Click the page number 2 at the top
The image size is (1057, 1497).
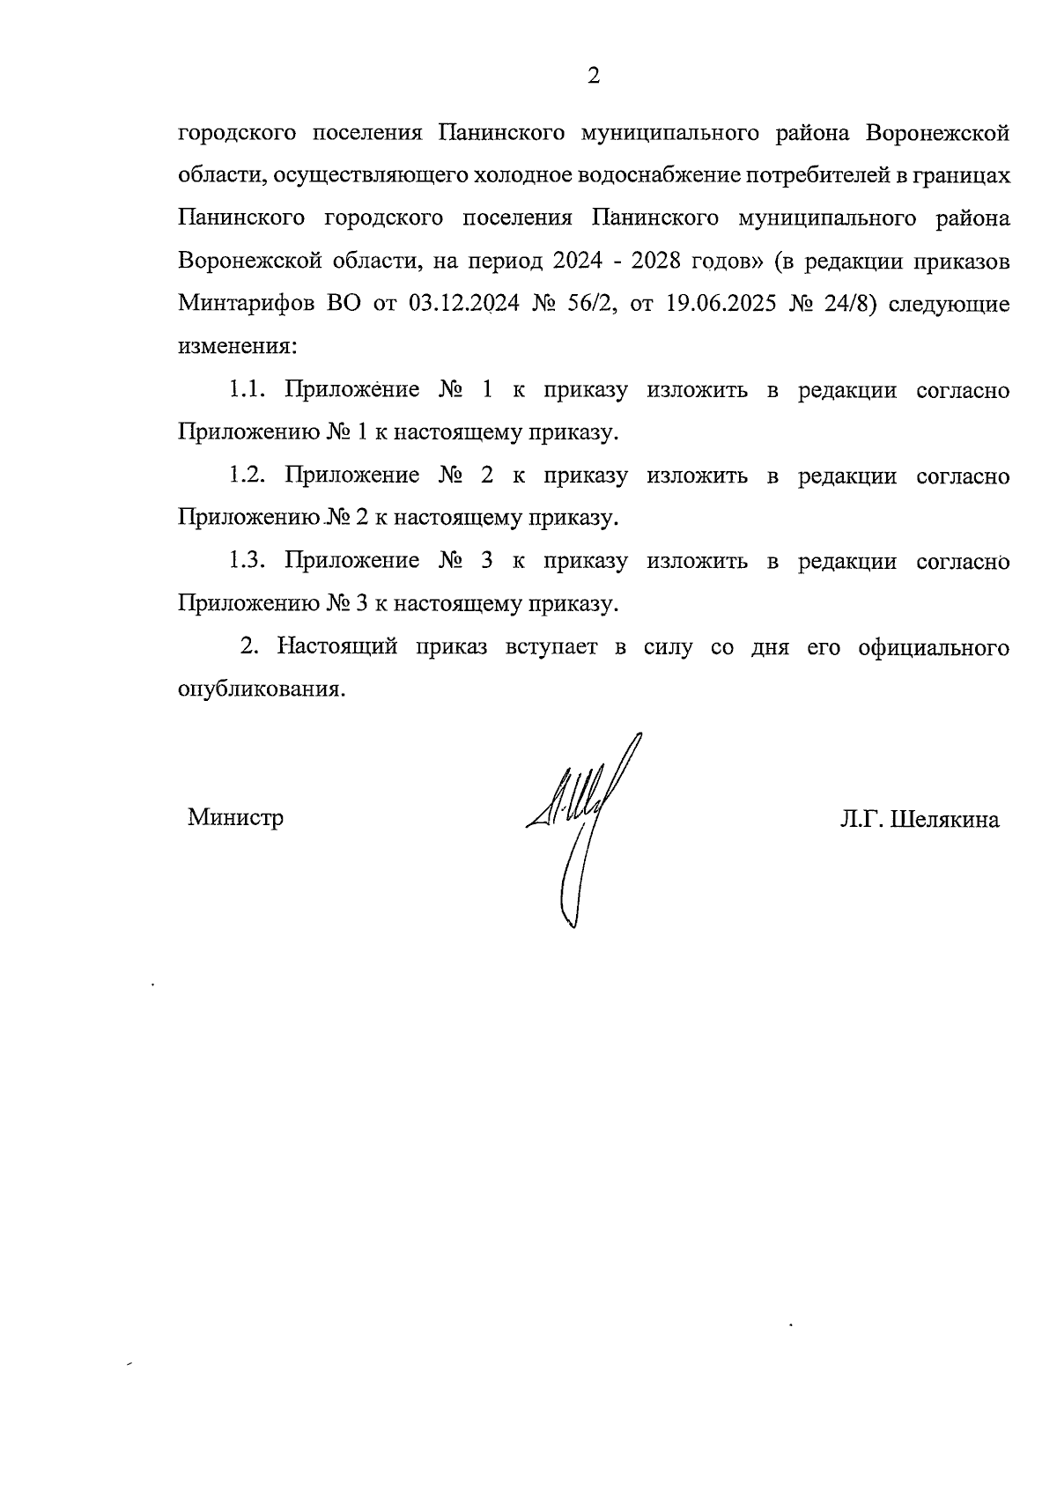point(593,77)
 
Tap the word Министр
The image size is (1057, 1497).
point(235,818)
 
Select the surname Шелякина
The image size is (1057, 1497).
point(945,821)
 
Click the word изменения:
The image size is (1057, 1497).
point(238,347)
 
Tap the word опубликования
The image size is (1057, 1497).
point(259,689)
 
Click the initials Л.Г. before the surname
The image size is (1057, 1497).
point(862,821)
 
